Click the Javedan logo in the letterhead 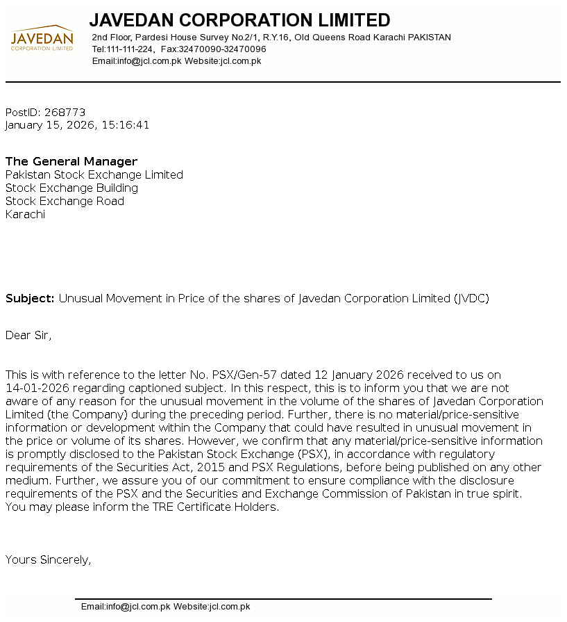click(42, 39)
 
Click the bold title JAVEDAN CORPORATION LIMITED click(239, 20)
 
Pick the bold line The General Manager click(71, 161)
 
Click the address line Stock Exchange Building click(71, 188)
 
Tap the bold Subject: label click(30, 299)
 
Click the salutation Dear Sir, click(28, 335)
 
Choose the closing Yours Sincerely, click(48, 559)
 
